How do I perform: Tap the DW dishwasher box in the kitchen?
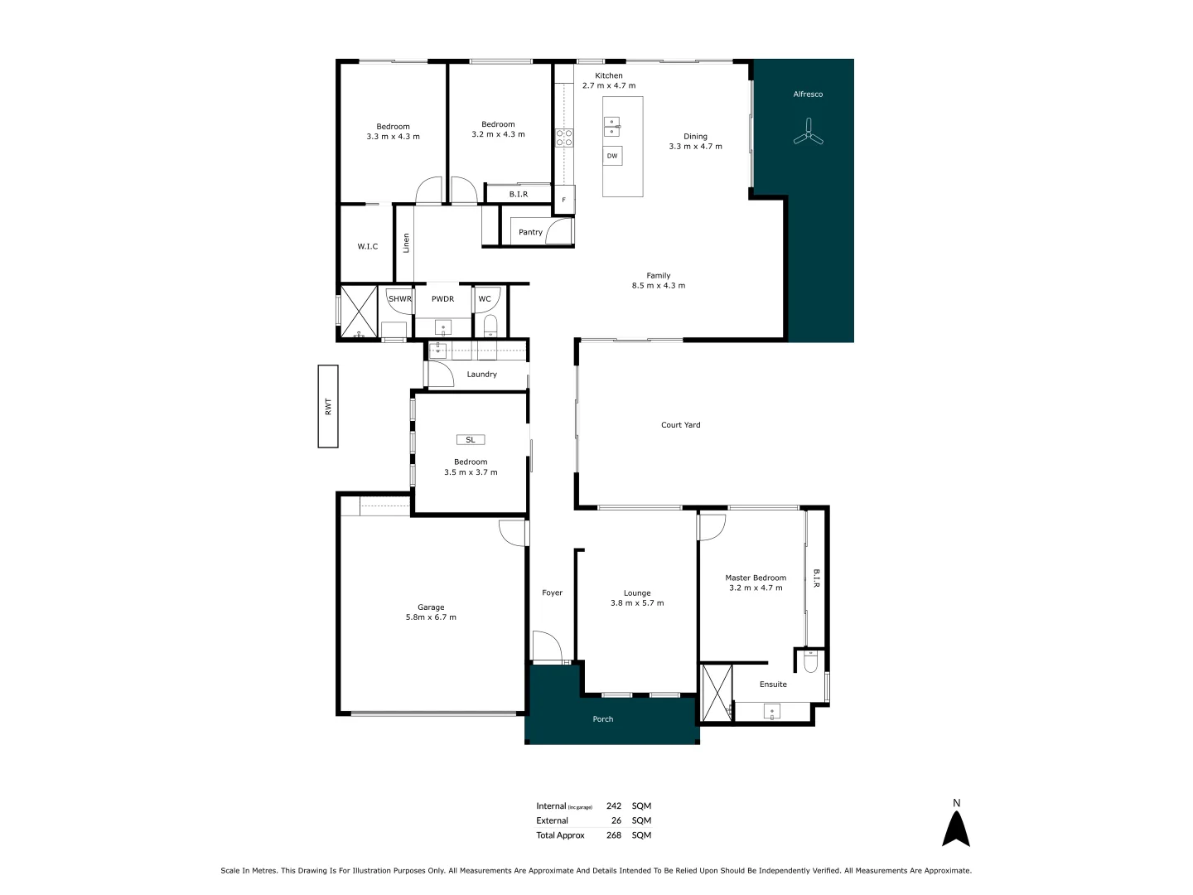[612, 156]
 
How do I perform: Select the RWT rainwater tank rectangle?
[328, 406]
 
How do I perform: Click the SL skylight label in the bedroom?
[471, 440]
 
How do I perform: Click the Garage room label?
[431, 607]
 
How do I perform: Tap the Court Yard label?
[680, 425]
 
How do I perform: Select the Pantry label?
[530, 232]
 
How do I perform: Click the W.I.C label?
[368, 246]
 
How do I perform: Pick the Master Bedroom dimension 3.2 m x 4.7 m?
[756, 588]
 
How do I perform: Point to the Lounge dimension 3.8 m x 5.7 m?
[637, 603]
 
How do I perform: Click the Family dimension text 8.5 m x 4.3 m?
[659, 286]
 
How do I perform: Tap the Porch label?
[603, 719]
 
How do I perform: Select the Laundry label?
[481, 375]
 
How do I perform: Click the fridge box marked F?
[564, 200]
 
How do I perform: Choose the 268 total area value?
[613, 835]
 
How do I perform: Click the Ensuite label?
[773, 685]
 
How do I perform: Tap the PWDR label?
[442, 299]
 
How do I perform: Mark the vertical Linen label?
[406, 243]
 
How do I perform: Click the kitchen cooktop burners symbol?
[564, 138]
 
